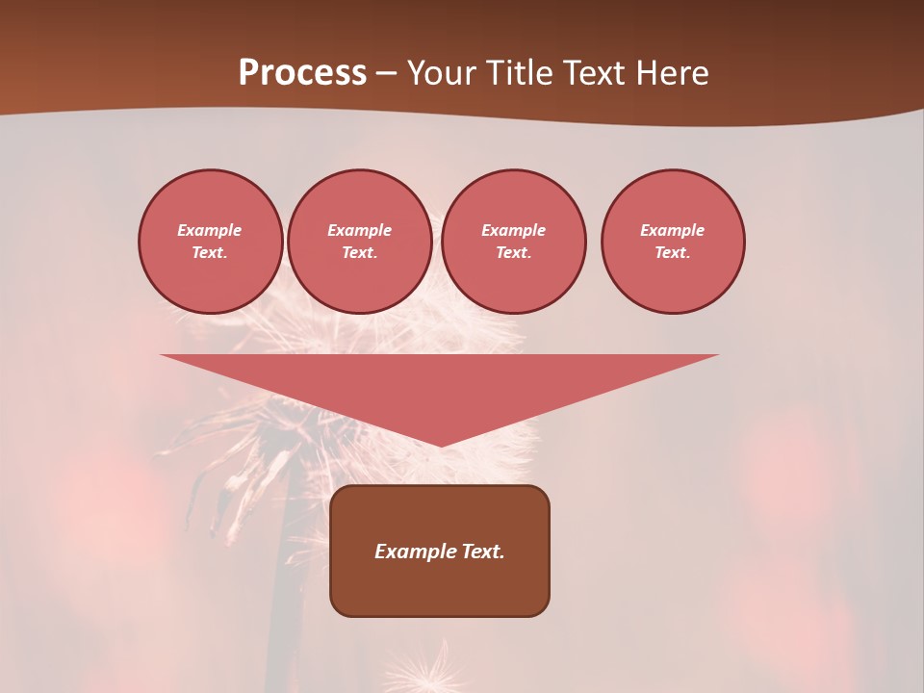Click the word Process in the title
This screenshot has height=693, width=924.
point(302,73)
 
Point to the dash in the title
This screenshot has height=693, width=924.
point(387,74)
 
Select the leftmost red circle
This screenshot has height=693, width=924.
point(210,241)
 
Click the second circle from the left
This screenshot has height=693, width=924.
point(359,241)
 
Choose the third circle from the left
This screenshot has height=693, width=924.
point(513,241)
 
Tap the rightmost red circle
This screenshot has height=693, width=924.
point(672,241)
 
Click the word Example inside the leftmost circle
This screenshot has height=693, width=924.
point(210,230)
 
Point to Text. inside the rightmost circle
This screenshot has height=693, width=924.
point(672,252)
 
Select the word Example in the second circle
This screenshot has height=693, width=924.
point(359,230)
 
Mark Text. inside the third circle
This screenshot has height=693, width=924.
point(513,252)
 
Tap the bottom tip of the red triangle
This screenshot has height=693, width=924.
point(440,444)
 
